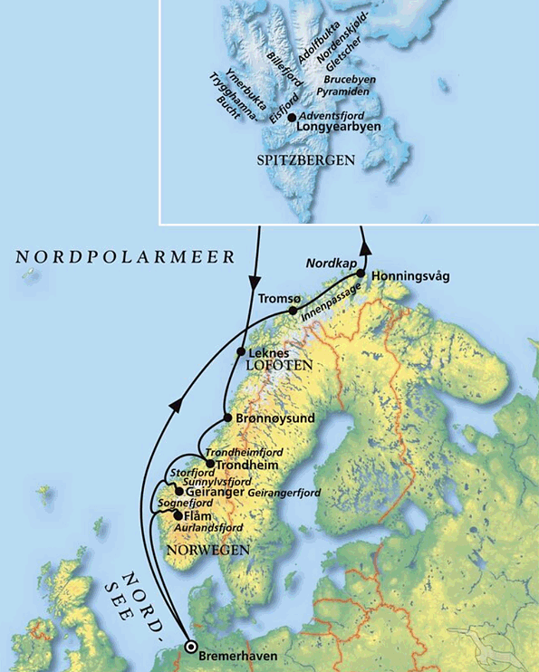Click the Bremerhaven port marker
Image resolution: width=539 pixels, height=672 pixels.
point(191,646)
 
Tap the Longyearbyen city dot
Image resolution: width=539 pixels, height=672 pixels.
point(292,117)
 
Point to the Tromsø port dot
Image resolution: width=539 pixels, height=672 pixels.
point(293,311)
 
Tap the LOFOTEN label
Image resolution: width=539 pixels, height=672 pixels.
point(279,364)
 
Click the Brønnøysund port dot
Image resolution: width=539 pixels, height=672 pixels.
point(227,418)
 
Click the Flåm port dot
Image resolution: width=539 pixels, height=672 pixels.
point(176,515)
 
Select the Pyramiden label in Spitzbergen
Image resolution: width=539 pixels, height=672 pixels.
point(344,93)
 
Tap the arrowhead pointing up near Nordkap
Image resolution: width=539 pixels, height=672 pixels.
point(364,246)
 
